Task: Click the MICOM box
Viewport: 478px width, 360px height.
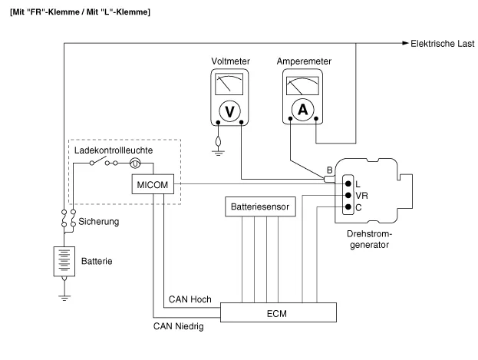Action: pyautogui.click(x=153, y=185)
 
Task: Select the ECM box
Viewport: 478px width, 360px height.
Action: pyautogui.click(x=279, y=312)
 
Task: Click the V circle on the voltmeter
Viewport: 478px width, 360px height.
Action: pyautogui.click(x=228, y=111)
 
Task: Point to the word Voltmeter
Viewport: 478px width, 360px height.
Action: pyautogui.click(x=229, y=61)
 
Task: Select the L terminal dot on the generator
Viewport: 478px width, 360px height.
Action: pyautogui.click(x=348, y=183)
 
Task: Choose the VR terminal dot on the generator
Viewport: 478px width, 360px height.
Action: pyautogui.click(x=348, y=195)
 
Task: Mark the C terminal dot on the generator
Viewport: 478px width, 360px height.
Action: pyautogui.click(x=348, y=206)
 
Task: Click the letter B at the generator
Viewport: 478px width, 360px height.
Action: pyautogui.click(x=329, y=170)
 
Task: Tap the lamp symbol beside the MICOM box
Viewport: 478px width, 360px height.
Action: pyautogui.click(x=135, y=163)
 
